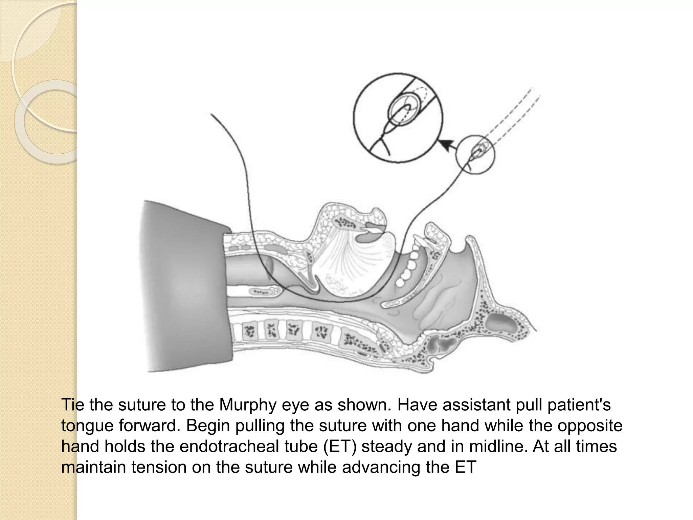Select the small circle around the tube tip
[x=475, y=154]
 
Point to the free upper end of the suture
[x=211, y=115]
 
